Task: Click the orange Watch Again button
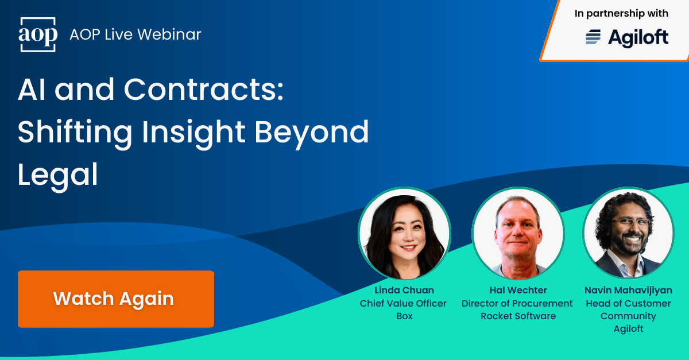(115, 299)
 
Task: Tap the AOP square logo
(38, 35)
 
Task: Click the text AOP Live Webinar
(136, 34)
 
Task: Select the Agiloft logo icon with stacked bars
(593, 38)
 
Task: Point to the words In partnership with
(621, 13)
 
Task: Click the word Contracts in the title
(204, 90)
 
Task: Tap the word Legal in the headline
(57, 175)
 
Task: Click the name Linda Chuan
(404, 291)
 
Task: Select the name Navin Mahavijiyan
(628, 291)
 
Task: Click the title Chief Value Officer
(403, 303)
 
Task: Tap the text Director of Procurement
(517, 303)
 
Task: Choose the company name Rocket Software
(517, 316)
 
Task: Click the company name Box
(404, 316)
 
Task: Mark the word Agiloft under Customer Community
(628, 329)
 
